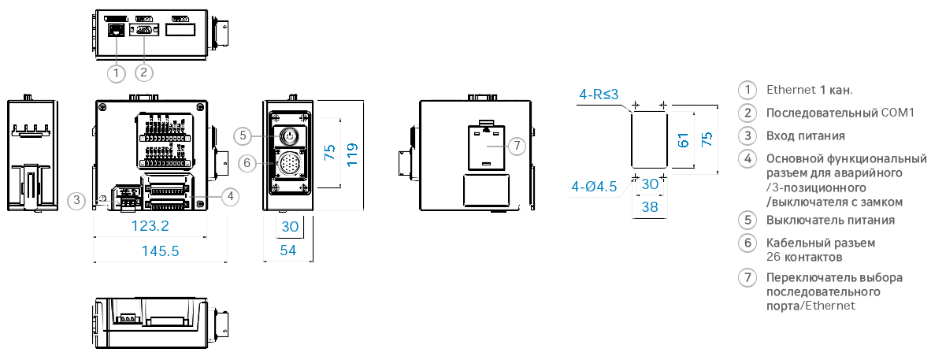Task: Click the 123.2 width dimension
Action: click(150, 226)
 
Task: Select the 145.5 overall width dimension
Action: click(161, 251)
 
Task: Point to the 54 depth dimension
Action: click(288, 251)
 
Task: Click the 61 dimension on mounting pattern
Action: click(684, 140)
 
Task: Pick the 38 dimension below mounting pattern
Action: click(650, 206)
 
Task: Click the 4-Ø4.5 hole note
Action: click(595, 187)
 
